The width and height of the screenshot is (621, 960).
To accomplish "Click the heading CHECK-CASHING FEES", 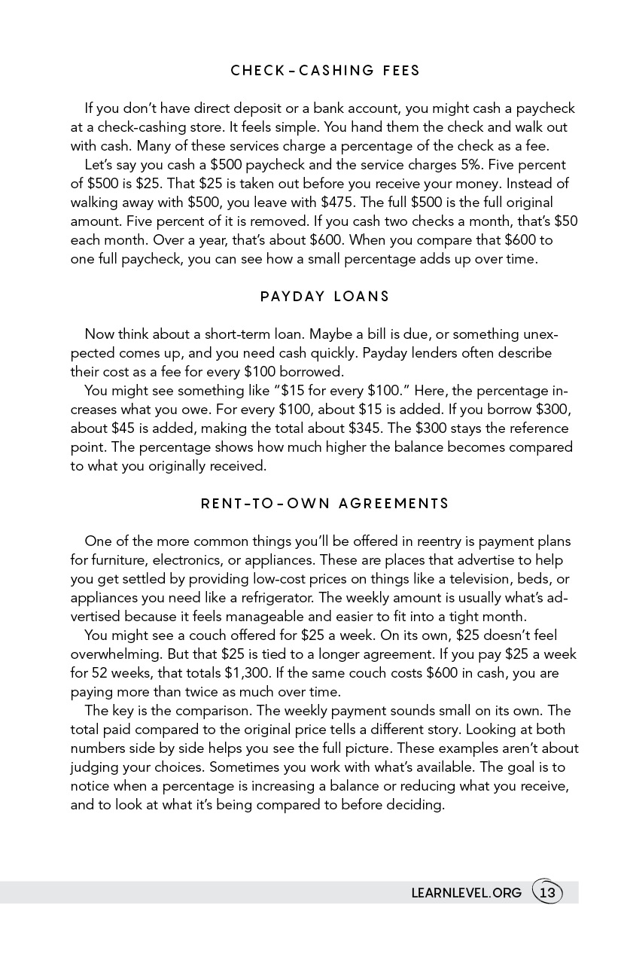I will coord(325,71).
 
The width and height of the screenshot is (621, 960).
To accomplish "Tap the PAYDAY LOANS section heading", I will coord(325,297).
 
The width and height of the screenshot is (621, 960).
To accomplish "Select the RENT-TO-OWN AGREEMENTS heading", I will coord(325,504).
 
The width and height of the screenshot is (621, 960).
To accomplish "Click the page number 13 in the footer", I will coord(547,893).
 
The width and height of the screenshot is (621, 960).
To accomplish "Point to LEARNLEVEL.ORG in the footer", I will coord(466,893).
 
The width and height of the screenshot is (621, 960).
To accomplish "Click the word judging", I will coord(95,767).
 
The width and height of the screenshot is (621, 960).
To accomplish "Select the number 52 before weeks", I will coord(101,673).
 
